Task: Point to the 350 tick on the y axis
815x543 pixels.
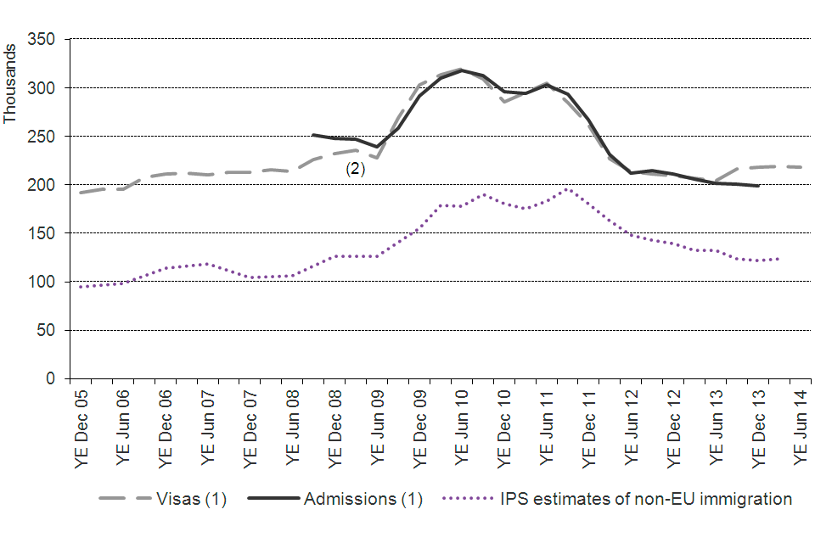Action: point(42,39)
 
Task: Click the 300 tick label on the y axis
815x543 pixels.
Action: point(42,87)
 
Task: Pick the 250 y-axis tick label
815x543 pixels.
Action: point(42,136)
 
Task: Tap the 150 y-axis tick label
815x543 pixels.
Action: point(42,232)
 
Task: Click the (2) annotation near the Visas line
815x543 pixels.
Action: point(355,169)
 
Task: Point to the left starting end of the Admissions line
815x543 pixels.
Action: point(313,135)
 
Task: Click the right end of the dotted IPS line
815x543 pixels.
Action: point(778,258)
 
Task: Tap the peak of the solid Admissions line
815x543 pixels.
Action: point(461,70)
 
